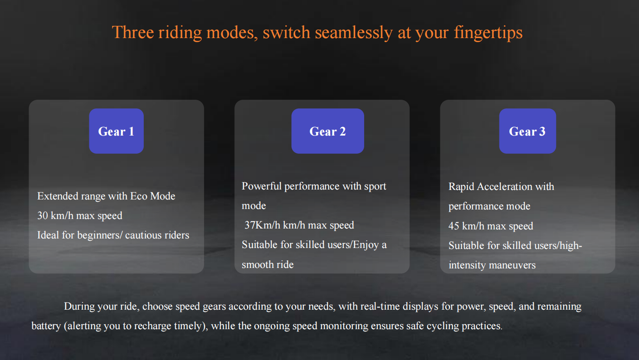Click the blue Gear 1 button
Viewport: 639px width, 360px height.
[117, 131]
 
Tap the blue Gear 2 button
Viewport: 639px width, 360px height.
[327, 131]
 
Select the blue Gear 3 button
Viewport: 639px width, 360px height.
[527, 131]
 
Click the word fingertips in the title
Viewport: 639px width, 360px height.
[488, 33]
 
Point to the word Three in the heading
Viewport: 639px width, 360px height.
[132, 32]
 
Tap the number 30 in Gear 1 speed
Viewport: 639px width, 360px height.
[43, 216]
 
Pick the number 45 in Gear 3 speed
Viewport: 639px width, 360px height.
[454, 226]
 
